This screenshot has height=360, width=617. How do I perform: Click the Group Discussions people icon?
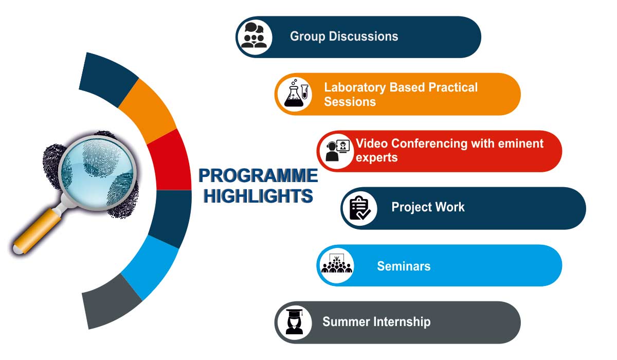[x=253, y=35]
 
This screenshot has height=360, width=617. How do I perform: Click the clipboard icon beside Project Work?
[x=360, y=208]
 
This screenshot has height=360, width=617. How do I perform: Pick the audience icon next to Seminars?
[x=337, y=264]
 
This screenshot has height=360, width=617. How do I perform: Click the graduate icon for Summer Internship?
[x=295, y=322]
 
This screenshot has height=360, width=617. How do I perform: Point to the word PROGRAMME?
[x=258, y=175]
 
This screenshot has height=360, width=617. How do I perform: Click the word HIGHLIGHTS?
[x=258, y=196]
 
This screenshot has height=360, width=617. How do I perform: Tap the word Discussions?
[x=364, y=37]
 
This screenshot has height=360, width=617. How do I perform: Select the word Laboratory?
[x=355, y=88]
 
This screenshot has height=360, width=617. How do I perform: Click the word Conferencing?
[x=429, y=144]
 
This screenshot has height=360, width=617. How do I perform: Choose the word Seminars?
[x=404, y=266]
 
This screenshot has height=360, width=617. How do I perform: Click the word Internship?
[x=402, y=322]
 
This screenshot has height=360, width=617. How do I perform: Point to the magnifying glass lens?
[x=97, y=173]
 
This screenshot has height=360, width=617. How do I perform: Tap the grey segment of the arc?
[x=110, y=301]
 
